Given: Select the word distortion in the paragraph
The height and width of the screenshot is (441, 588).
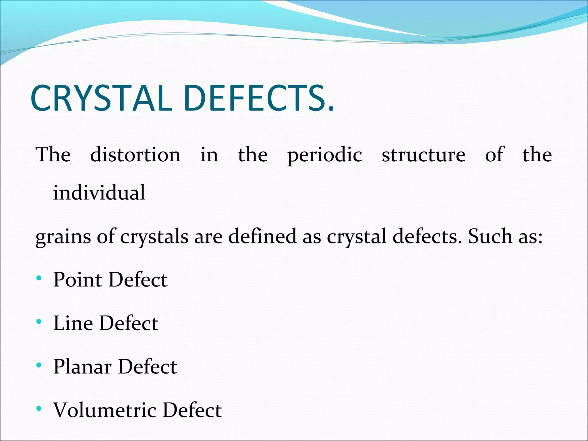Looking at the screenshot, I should click(135, 155).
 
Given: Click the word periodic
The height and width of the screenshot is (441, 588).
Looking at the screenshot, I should click(324, 155).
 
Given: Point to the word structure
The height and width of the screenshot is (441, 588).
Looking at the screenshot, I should click(423, 155).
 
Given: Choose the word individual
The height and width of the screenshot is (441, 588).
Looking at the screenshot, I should click(99, 193).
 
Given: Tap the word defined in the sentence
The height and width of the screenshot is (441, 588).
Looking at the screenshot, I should click(262, 236).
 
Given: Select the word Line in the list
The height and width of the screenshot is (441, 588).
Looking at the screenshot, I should click(73, 323).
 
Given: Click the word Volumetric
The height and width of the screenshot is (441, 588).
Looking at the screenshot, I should click(105, 410).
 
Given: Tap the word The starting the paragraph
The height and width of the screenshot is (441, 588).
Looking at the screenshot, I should click(53, 155).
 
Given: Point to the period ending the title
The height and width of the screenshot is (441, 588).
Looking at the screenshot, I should click(332, 109).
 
